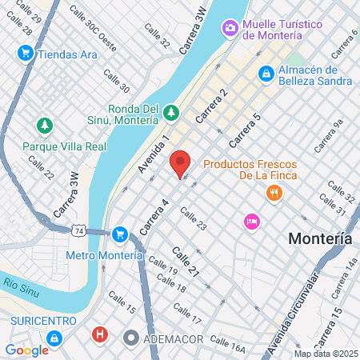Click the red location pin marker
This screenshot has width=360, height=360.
click(x=180, y=163)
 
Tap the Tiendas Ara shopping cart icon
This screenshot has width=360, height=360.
click(x=25, y=54)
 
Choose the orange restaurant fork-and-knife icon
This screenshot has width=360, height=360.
click(x=274, y=193)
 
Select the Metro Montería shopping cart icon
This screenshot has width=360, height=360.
click(x=119, y=234)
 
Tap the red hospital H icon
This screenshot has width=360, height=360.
click(x=99, y=334)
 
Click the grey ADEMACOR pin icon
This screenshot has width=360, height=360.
click(x=130, y=337)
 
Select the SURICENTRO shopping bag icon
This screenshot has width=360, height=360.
click(x=53, y=338)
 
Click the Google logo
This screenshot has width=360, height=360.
click(x=26, y=350)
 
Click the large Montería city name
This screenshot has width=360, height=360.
click(x=320, y=238)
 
